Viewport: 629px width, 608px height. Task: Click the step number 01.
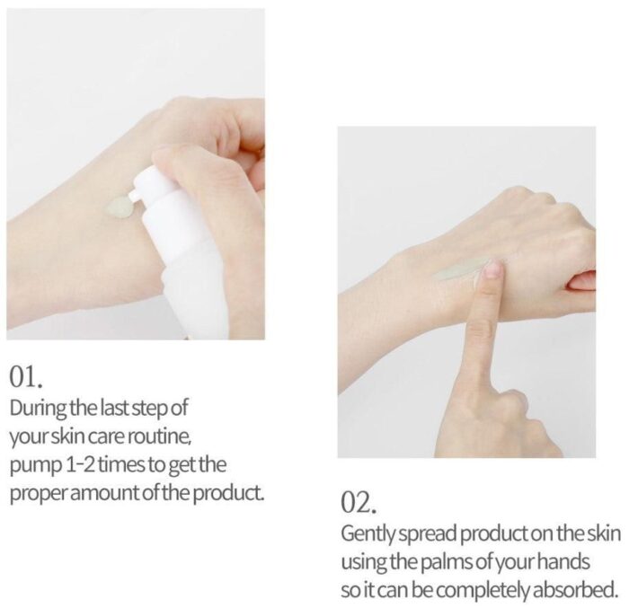(x=26, y=377)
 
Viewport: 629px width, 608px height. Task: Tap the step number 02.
(x=359, y=503)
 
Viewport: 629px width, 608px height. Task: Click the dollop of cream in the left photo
(x=119, y=207)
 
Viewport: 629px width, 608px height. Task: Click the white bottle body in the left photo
(x=189, y=257)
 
